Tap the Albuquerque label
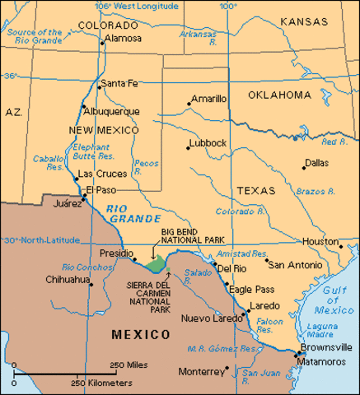click(x=111, y=110)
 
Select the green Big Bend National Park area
click(x=154, y=263)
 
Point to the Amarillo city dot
click(x=186, y=105)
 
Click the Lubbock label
click(x=207, y=142)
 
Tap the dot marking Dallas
click(x=303, y=168)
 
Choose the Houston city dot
click(x=339, y=244)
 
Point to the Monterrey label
click(x=200, y=372)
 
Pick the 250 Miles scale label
click(x=129, y=365)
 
